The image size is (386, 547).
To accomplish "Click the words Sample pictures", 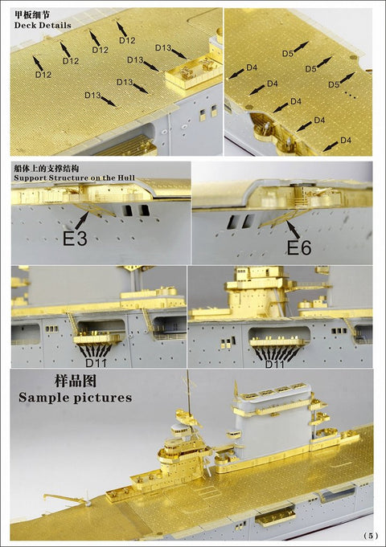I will [x=76, y=397].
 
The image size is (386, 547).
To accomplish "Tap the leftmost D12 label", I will [x=43, y=74].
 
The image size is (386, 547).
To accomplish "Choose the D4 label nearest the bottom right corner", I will [x=345, y=140].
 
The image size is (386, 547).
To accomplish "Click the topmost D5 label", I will [x=287, y=54].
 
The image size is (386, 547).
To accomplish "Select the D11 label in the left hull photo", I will [x=96, y=362].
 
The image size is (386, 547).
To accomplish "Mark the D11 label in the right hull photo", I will [x=275, y=362].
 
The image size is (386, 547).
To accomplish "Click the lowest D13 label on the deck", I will [x=92, y=96].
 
